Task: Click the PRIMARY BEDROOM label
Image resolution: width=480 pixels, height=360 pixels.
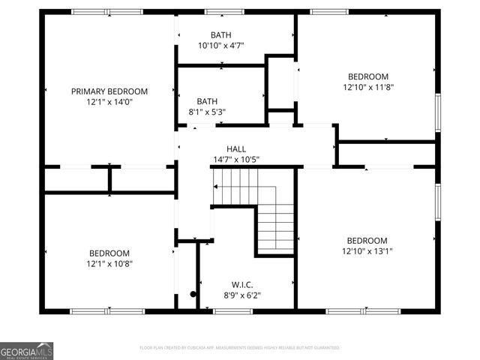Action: [109, 91]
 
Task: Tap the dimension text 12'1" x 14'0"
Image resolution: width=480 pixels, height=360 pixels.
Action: [109, 102]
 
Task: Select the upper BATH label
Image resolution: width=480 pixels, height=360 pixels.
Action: [221, 35]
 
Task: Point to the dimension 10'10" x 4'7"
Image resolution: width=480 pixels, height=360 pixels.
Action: [221, 46]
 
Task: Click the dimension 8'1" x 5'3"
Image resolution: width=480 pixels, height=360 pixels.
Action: [207, 112]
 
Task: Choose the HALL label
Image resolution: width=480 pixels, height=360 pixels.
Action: [236, 149]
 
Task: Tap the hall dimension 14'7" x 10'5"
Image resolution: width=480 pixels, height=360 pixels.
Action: [236, 160]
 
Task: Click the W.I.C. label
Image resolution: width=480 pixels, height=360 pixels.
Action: [241, 284]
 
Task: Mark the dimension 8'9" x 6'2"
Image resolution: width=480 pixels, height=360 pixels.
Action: [241, 295]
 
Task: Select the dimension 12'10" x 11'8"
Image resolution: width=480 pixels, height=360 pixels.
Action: [367, 87]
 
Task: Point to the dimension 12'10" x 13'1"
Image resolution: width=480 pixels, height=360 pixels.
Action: [367, 251]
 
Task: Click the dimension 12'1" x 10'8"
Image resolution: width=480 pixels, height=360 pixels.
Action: [109, 264]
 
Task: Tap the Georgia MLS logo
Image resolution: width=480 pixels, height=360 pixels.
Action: [26, 350]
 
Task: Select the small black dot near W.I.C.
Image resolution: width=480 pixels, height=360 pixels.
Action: [193, 295]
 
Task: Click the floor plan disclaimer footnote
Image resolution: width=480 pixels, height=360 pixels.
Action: [240, 348]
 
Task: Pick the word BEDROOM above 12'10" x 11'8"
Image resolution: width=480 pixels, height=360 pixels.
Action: [367, 76]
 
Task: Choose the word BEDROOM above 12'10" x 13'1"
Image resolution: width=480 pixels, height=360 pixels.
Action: [367, 241]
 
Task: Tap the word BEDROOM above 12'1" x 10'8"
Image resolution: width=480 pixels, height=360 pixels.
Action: [109, 253]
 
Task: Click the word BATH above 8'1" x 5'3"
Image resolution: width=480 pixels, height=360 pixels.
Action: [207, 102]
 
